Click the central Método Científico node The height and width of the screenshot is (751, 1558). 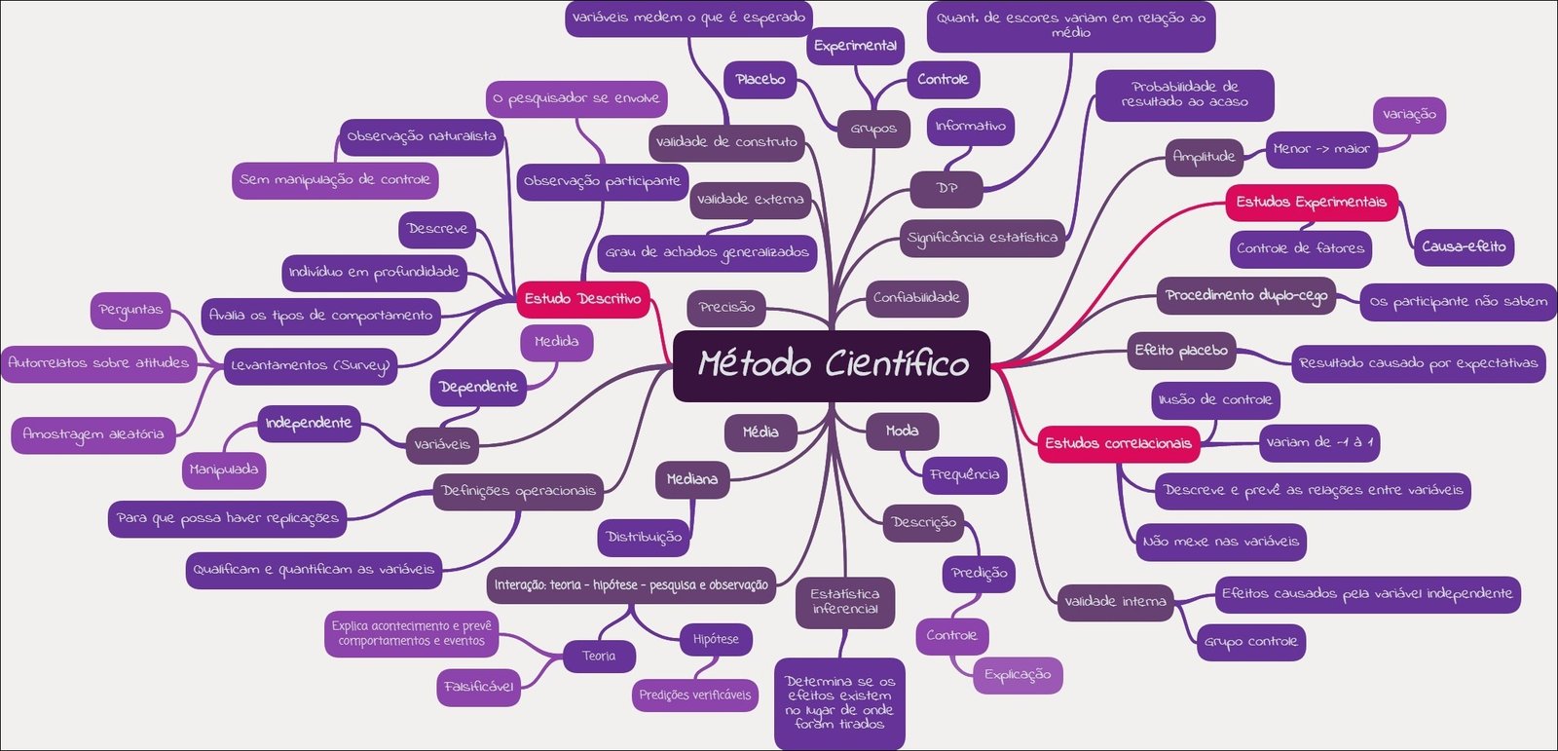click(x=832, y=365)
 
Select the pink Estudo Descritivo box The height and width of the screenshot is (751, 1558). click(x=582, y=298)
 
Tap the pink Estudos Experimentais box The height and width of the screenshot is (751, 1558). click(x=1311, y=202)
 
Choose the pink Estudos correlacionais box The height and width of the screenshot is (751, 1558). click(x=1118, y=443)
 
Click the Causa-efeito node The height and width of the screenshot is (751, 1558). click(x=1463, y=246)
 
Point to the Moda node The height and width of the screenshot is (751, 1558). click(x=903, y=431)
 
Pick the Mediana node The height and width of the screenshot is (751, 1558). click(x=692, y=479)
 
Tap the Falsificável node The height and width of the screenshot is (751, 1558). click(x=478, y=686)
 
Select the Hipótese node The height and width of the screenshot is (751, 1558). click(x=716, y=639)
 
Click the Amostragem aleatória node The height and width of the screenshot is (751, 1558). click(x=93, y=433)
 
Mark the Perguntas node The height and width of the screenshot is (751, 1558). click(x=130, y=310)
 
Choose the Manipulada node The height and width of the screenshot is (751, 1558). click(x=224, y=469)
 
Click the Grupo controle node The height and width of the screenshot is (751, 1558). click(x=1250, y=641)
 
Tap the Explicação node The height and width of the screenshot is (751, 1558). click(x=1018, y=674)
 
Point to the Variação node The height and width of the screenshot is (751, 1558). click(x=1409, y=114)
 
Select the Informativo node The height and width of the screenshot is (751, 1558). click(x=970, y=126)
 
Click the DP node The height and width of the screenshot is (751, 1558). click(x=946, y=188)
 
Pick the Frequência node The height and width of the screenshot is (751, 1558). click(x=964, y=474)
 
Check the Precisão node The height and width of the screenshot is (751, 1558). click(x=726, y=307)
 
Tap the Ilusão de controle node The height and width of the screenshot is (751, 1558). click(x=1214, y=399)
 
